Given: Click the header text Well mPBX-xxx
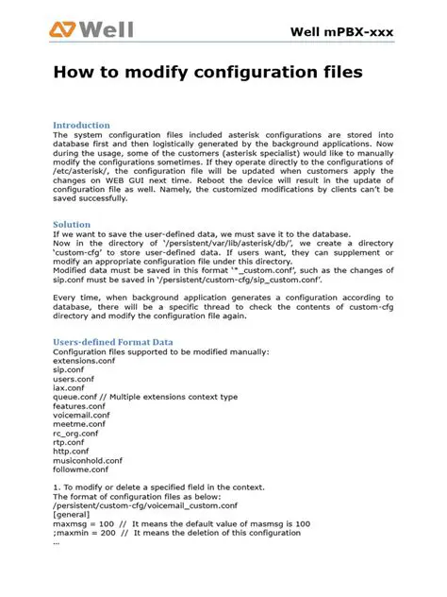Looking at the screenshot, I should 340,34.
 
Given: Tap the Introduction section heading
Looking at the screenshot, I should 81,125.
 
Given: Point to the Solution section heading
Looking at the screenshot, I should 72,225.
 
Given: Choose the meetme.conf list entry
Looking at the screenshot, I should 80,423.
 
